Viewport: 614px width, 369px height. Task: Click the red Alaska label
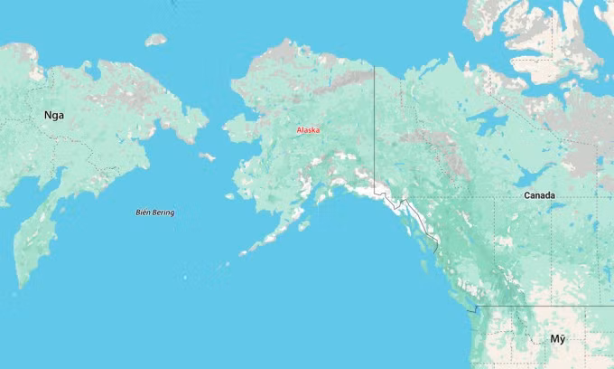[x=308, y=130]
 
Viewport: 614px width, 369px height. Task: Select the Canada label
[x=540, y=195]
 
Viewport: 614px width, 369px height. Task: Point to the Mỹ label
[x=558, y=338]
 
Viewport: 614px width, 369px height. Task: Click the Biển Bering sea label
[x=154, y=213]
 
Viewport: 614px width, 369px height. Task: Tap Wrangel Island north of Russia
[x=156, y=40]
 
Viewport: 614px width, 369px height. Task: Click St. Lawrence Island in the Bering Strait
[x=207, y=156]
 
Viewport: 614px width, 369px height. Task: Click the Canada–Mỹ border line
[x=542, y=307]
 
